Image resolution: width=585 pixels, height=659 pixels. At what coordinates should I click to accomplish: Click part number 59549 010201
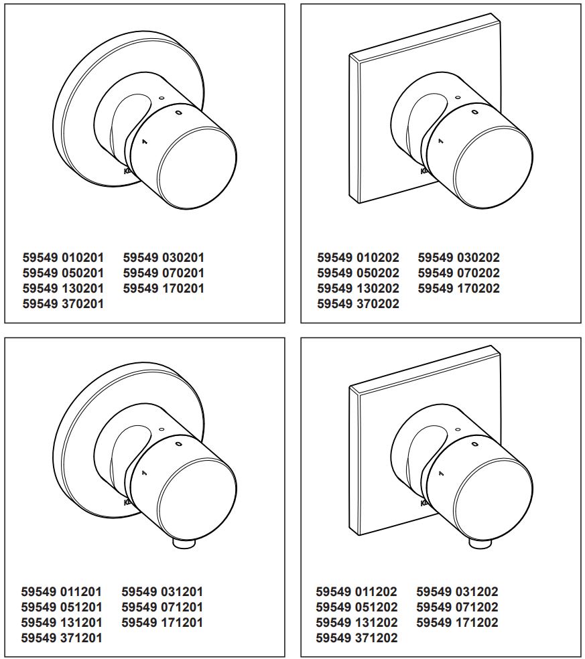(63, 257)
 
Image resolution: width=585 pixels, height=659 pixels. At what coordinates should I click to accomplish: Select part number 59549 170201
(164, 289)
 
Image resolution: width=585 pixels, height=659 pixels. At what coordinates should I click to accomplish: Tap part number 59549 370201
(63, 304)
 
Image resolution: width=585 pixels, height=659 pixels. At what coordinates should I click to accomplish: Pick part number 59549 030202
(458, 257)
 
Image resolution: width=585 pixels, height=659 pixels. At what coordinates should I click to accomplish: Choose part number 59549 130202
(358, 289)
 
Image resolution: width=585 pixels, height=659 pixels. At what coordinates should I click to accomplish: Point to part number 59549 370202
(358, 304)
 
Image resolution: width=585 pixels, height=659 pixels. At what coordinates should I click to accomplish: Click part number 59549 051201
(62, 607)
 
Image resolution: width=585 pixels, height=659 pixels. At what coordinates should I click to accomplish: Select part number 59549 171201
(162, 623)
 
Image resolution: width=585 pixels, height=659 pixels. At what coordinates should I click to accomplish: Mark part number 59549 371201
(62, 638)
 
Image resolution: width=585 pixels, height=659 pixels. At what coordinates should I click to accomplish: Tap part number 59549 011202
(356, 592)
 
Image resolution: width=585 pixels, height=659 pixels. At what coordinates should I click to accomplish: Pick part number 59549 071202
(457, 607)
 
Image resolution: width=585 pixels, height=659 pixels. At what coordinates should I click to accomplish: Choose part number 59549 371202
(356, 638)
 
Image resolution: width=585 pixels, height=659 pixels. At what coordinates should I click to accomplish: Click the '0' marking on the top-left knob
(178, 113)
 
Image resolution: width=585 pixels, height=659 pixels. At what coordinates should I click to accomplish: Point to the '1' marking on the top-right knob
(440, 141)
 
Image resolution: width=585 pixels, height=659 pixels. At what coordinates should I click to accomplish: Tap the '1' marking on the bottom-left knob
(143, 473)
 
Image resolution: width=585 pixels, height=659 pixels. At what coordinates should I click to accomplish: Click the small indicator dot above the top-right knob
(457, 98)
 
